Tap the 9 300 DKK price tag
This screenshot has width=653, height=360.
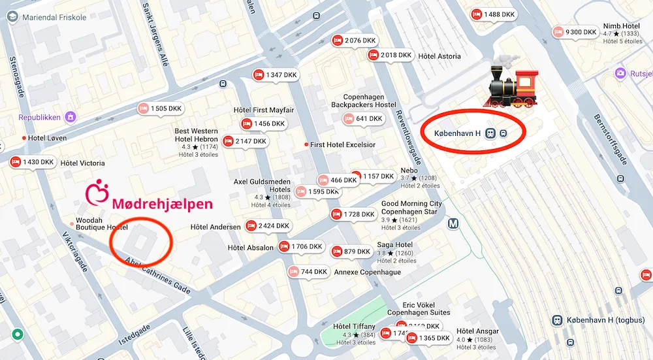575,31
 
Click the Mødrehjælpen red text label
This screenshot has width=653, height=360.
162,204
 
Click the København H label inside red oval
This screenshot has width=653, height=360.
458,133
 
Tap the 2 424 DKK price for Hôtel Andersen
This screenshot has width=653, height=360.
268,226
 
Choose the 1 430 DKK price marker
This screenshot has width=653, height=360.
32,162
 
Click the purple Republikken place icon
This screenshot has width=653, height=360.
71,118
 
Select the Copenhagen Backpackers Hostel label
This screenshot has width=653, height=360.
363,101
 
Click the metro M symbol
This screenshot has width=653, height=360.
454,223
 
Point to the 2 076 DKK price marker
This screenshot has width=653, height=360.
355,41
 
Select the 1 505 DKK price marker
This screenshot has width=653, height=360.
161,108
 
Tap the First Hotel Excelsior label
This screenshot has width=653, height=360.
342,144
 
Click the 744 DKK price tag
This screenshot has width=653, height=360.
308,272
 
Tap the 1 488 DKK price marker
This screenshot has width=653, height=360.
494,14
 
